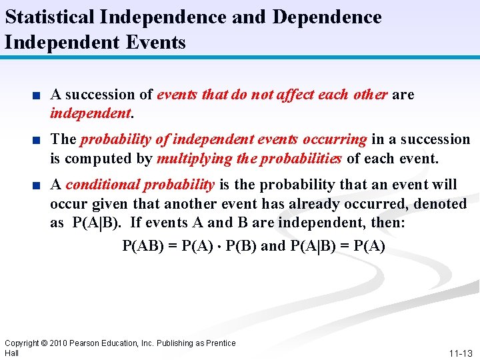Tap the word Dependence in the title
[327, 17]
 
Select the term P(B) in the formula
[241, 246]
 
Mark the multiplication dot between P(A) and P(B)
[219, 247]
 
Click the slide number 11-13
[461, 353]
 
